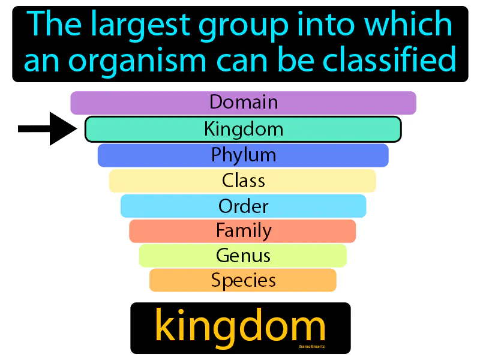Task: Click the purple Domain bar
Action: pos(243,103)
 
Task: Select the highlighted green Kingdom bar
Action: pos(243,129)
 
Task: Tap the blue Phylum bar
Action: pos(243,155)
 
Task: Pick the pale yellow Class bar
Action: pos(243,181)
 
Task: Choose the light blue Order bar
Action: pos(243,206)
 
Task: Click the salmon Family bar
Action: pos(243,231)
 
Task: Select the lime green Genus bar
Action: pos(243,256)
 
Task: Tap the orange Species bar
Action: pos(243,280)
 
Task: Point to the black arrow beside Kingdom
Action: pos(48,128)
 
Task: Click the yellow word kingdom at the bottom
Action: pos(240,327)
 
